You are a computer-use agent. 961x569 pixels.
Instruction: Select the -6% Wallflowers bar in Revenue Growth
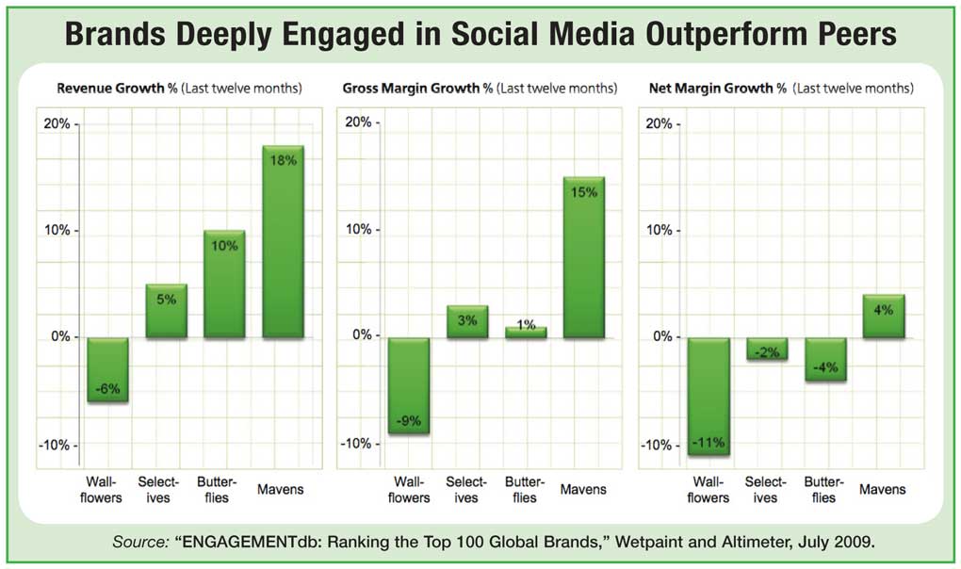106,369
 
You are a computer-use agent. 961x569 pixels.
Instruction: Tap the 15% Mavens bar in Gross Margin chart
583,257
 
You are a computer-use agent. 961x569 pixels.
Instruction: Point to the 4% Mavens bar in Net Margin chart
883,317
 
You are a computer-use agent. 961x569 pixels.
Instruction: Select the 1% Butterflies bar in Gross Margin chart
525,332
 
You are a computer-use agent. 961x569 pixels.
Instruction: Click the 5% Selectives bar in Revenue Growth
166,310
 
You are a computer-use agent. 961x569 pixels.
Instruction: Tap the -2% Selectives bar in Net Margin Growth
767,349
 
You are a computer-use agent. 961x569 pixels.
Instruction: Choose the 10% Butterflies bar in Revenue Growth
224,284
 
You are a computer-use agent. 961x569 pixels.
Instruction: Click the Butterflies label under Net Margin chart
823,490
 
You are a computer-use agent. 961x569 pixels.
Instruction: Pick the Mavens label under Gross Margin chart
584,490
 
